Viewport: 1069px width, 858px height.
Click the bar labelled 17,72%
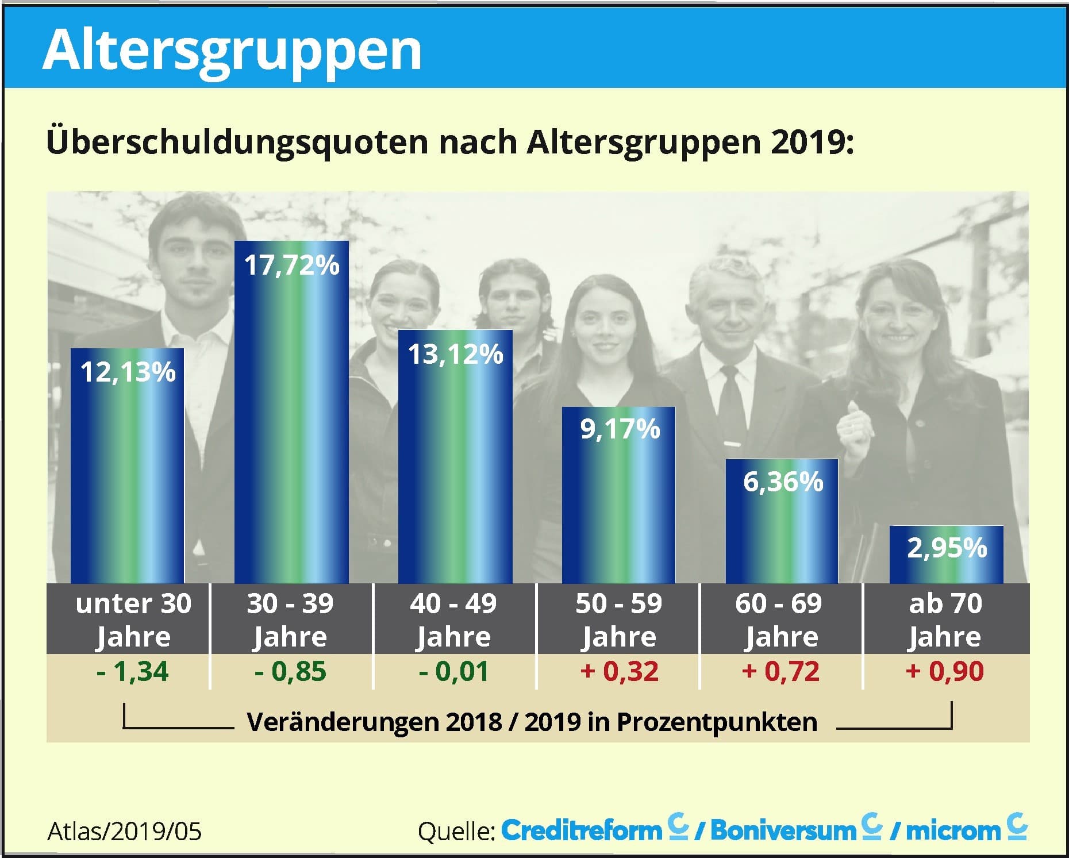pos(291,414)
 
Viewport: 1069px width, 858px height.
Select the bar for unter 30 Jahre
pos(127,465)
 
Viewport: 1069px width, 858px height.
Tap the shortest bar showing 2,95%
pos(946,555)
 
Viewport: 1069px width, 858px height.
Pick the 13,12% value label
pos(455,354)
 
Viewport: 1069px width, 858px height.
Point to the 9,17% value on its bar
pos(620,429)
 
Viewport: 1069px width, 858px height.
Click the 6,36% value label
pos(783,482)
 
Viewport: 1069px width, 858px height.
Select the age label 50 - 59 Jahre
pos(618,620)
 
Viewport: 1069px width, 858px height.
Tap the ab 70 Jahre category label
pos(945,620)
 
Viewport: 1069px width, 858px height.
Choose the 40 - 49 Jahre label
pos(453,620)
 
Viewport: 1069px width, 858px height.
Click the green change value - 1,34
pos(133,671)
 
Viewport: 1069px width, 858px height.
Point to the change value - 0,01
pos(453,671)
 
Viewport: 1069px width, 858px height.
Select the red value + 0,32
pos(619,671)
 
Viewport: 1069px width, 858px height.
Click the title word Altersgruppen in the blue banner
pos(232,51)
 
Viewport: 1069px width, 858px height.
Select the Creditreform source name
pos(582,830)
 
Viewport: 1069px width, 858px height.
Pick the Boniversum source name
pos(783,830)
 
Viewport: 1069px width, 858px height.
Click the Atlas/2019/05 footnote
pos(125,831)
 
